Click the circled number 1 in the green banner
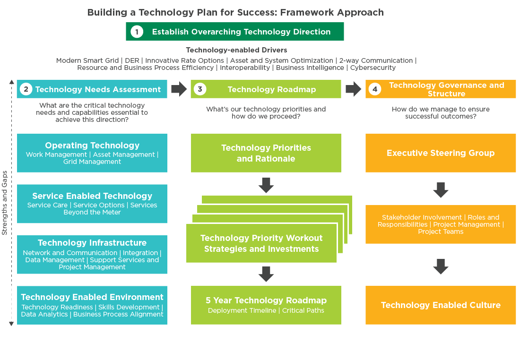137,32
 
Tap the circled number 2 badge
26,89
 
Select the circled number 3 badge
200,89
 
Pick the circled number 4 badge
375,89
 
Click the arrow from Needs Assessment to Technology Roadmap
179,89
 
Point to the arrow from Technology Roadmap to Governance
354,89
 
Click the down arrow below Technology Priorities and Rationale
266,185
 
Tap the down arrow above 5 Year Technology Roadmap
266,274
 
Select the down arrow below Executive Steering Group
441,190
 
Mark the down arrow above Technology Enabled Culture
441,266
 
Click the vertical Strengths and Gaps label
5,203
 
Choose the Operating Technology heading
92,146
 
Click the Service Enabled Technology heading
92,196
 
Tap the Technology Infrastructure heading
92,243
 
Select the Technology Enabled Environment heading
92,297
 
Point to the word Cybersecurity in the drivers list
373,68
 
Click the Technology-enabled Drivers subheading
236,50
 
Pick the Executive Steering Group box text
441,153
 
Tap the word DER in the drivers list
132,60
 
